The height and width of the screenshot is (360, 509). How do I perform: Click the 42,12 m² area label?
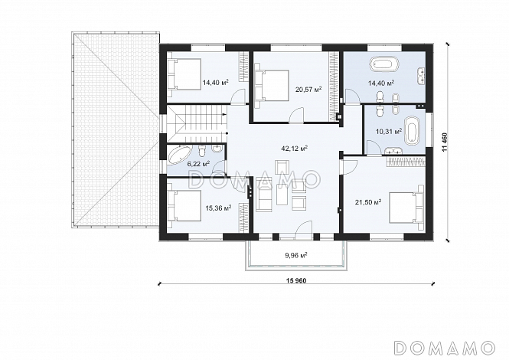(x=295, y=149)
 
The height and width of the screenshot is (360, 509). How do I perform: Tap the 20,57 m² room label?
(x=308, y=89)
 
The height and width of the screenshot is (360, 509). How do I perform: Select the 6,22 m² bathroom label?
(x=198, y=164)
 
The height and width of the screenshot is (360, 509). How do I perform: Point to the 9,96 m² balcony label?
(x=296, y=255)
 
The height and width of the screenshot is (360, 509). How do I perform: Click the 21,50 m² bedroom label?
(x=368, y=202)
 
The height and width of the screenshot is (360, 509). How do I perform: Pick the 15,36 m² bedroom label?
(x=218, y=208)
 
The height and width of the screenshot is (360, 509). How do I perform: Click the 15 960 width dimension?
(x=297, y=280)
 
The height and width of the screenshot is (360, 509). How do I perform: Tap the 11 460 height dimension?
(x=444, y=142)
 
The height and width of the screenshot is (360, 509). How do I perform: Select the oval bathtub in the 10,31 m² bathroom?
(x=412, y=130)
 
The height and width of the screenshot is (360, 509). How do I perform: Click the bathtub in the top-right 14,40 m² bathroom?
(x=384, y=64)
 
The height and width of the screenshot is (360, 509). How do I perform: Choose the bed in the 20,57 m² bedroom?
(x=272, y=86)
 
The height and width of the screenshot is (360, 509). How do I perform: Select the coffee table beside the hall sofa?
(x=282, y=194)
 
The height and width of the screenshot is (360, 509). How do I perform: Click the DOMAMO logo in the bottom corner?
(x=444, y=348)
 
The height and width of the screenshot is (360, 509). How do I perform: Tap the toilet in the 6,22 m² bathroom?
(x=202, y=151)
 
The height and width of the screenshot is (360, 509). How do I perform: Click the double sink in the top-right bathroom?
(x=422, y=74)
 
